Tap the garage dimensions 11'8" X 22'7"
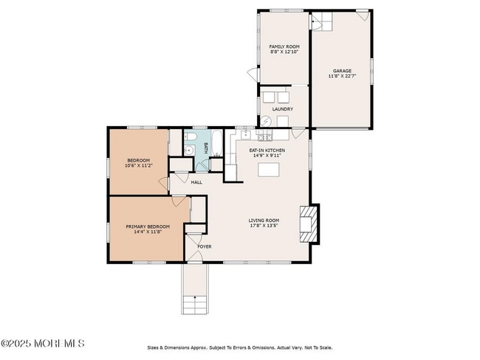(340, 76)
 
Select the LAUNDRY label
(283, 109)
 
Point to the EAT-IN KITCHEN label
(267, 150)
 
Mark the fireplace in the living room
(308, 222)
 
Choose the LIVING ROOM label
(263, 220)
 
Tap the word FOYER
(204, 246)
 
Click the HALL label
(196, 181)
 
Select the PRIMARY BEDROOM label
(148, 226)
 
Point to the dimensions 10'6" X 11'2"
(138, 166)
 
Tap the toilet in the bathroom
(189, 138)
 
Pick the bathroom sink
(188, 150)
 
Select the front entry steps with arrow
(195, 302)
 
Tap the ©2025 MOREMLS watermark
(43, 344)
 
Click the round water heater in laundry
(267, 122)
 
